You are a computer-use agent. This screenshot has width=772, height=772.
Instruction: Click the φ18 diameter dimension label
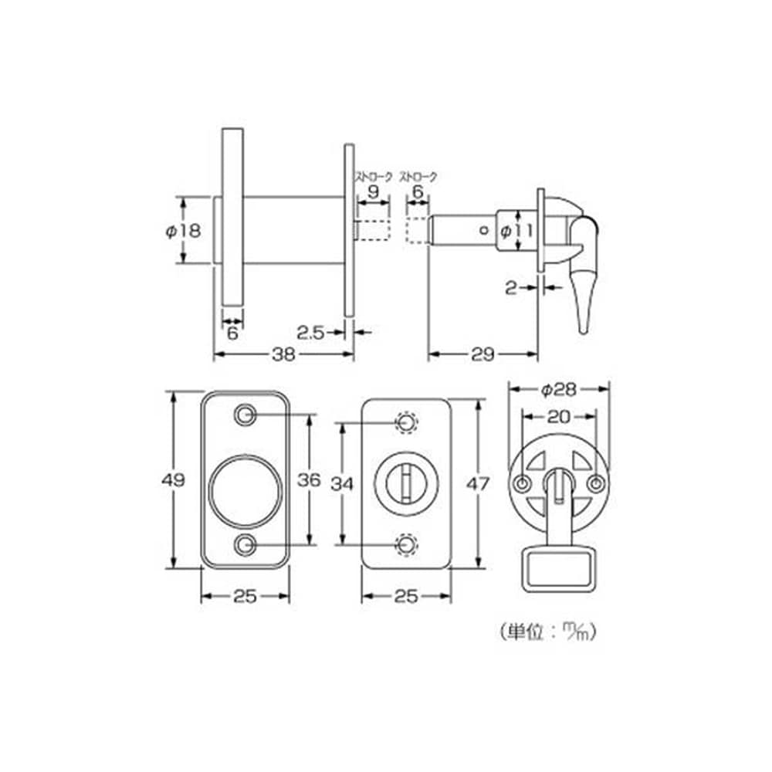[x=183, y=230]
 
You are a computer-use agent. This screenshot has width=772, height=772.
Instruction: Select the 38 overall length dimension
[x=283, y=354]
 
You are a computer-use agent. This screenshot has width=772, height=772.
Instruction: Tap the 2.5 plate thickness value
[x=310, y=333]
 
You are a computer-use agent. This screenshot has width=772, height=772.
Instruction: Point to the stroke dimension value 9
[x=374, y=191]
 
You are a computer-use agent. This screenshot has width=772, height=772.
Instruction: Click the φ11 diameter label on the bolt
[x=516, y=230]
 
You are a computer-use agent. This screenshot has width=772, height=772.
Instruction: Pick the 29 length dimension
[x=482, y=354]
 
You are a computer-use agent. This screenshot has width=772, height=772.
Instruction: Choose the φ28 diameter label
[x=558, y=390]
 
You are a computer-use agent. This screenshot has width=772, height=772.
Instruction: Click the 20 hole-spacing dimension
[x=559, y=417]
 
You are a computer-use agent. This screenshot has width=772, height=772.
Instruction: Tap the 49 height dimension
[x=173, y=479]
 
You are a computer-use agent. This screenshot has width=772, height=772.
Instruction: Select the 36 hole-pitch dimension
[x=310, y=479]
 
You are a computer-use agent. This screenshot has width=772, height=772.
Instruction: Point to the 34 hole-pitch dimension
[x=342, y=484]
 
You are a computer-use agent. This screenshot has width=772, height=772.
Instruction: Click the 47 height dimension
[x=478, y=484]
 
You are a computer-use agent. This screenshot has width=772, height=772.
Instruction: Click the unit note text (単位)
[x=547, y=631]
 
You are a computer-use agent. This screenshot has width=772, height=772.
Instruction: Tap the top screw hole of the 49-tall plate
[x=245, y=415]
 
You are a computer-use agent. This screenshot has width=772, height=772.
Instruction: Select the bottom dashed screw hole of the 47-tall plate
[x=407, y=544]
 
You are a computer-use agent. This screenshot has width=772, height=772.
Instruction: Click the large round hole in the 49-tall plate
[x=245, y=491]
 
